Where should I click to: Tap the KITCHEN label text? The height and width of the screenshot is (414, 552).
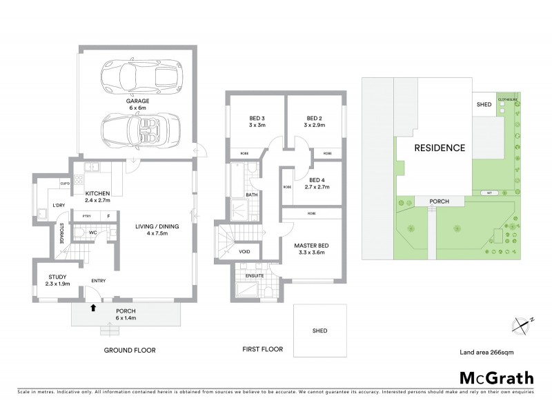click(x=99, y=194)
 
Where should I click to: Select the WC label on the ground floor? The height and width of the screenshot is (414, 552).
click(x=92, y=233)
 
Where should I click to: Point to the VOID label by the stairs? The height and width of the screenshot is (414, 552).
click(x=244, y=252)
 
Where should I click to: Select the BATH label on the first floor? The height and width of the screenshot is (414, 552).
click(x=252, y=195)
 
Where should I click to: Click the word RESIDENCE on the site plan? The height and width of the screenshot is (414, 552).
click(x=439, y=148)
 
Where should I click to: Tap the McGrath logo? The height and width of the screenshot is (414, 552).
click(x=496, y=377)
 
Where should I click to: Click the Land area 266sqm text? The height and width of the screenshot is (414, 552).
click(x=486, y=352)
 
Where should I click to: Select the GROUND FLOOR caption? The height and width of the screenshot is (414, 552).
click(x=130, y=350)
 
